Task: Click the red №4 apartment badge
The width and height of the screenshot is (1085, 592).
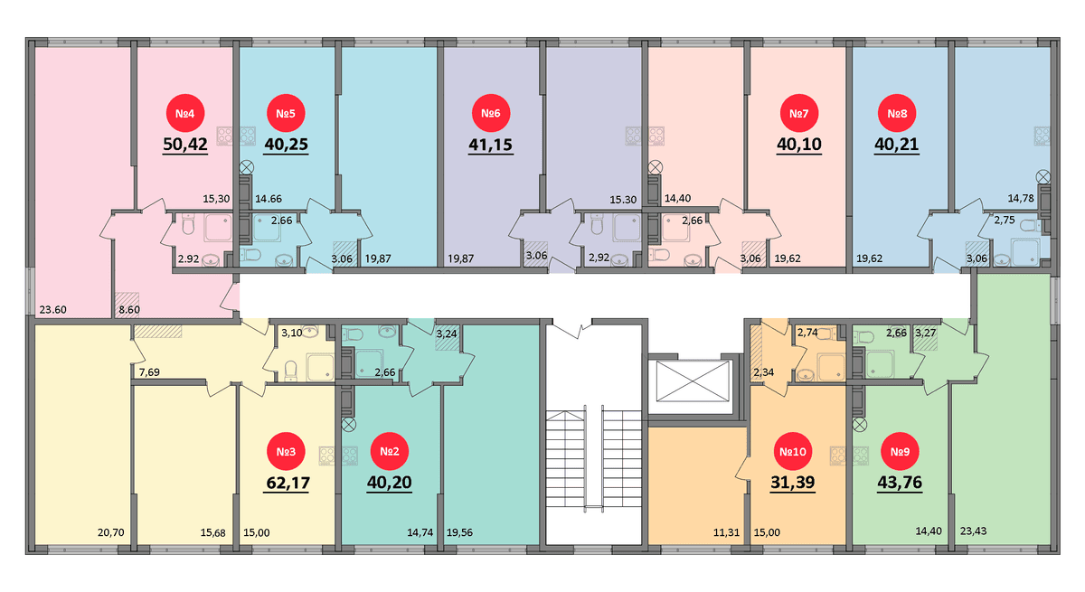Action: pyautogui.click(x=185, y=113)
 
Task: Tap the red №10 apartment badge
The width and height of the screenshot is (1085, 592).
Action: pyautogui.click(x=792, y=452)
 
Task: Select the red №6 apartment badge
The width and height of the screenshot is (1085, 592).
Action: pyautogui.click(x=491, y=113)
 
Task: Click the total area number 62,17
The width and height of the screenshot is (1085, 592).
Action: pyautogui.click(x=288, y=483)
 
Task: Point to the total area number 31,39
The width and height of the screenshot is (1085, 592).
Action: pyautogui.click(x=792, y=482)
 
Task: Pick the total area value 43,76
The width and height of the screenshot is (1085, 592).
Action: pyautogui.click(x=900, y=482)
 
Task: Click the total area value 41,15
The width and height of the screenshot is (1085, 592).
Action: pyautogui.click(x=491, y=145)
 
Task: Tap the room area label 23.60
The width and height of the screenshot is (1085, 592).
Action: pyautogui.click(x=52, y=310)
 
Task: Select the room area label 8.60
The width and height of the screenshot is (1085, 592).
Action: pyautogui.click(x=129, y=310)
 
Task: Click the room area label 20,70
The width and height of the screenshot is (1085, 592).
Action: pyautogui.click(x=111, y=532)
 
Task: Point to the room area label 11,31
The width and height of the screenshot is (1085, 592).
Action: pyautogui.click(x=726, y=532)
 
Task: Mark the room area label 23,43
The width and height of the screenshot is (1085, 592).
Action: pyautogui.click(x=973, y=531)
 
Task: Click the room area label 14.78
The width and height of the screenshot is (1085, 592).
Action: pyautogui.click(x=1021, y=198)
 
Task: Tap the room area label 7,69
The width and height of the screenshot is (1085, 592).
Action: pyautogui.click(x=149, y=372)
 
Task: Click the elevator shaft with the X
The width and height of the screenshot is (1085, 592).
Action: pyautogui.click(x=693, y=381)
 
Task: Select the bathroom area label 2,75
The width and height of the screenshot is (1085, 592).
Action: pyautogui.click(x=1005, y=220)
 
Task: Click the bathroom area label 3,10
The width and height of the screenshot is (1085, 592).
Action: pyautogui.click(x=291, y=333)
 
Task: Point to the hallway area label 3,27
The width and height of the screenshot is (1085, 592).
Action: pyautogui.click(x=925, y=333)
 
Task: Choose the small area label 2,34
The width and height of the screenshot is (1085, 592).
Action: pyautogui.click(x=763, y=372)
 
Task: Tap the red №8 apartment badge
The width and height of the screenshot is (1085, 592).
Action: pyautogui.click(x=897, y=113)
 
